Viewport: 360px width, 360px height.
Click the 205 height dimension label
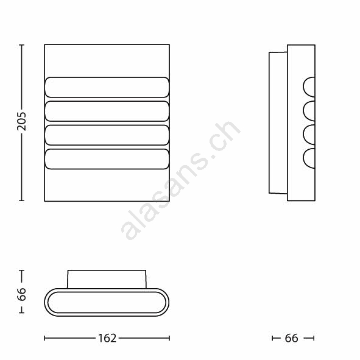(x=21, y=122)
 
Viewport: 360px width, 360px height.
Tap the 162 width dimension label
(x=107, y=338)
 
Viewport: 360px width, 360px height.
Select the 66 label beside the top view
(x=21, y=294)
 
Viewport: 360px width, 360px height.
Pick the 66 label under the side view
(x=291, y=338)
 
